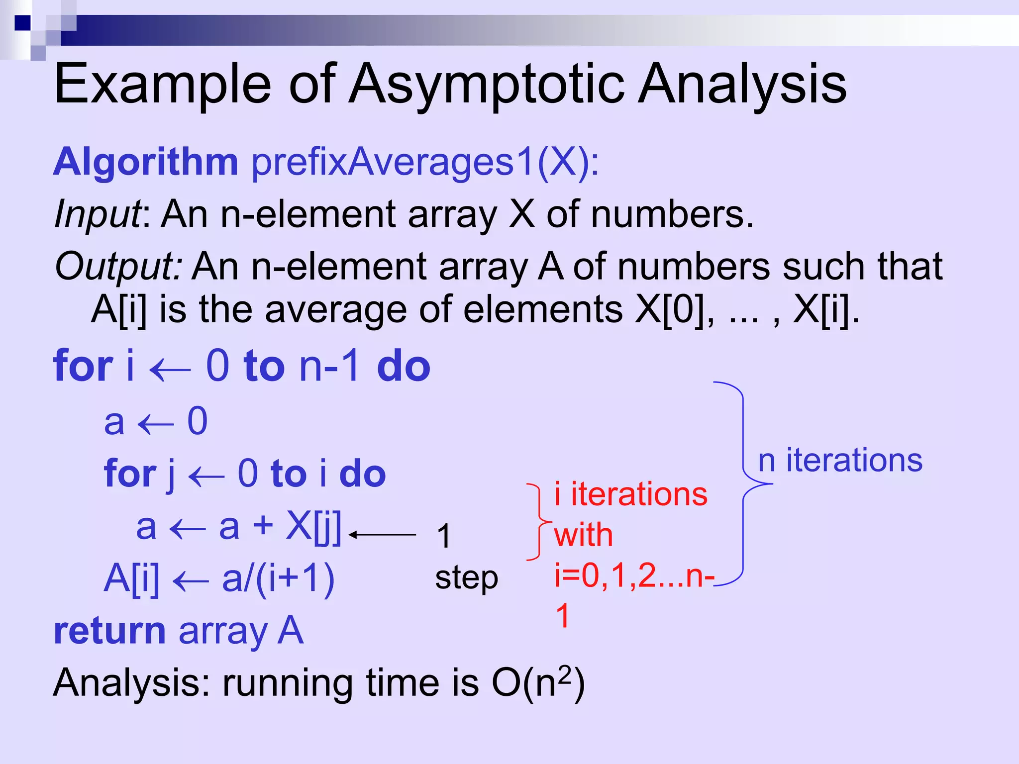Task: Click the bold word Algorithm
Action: point(146,162)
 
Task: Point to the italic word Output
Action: point(118,266)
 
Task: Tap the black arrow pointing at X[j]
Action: point(382,535)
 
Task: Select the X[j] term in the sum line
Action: point(313,527)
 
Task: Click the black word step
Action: point(466,578)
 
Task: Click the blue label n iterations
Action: point(840,461)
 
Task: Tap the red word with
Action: point(583,535)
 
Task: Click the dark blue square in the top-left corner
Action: point(22,23)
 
